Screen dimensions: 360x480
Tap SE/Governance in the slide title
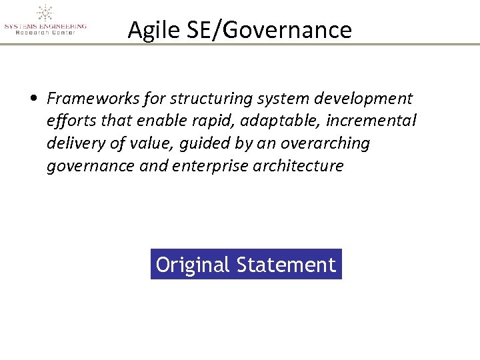tap(265, 30)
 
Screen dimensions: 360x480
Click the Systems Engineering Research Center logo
tap(45, 20)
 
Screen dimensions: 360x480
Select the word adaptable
tap(266, 121)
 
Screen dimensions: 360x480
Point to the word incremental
tap(371, 121)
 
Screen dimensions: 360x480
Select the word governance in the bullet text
tap(91, 166)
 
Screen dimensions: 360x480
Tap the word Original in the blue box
tap(193, 265)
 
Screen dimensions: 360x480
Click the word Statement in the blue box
tap(286, 265)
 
